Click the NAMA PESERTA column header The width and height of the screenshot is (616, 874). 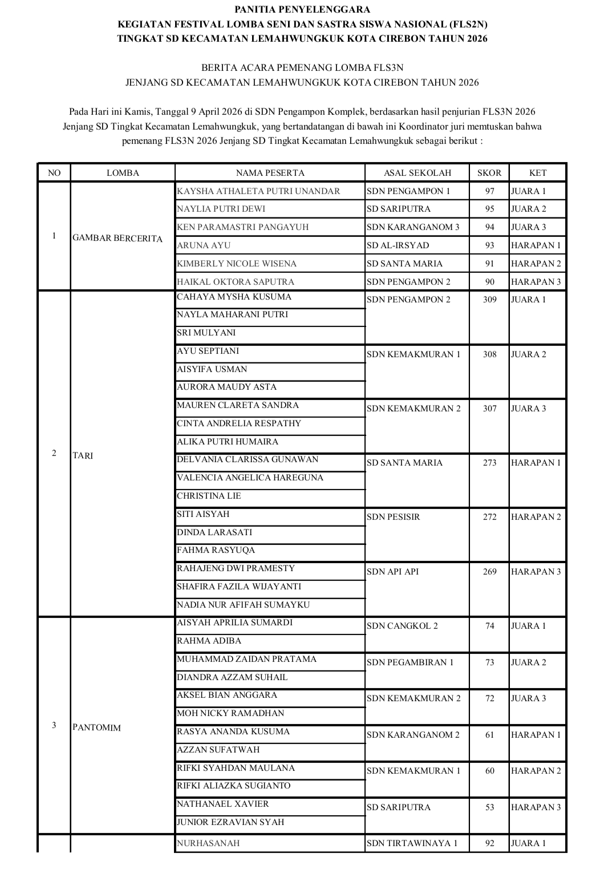[x=270, y=173]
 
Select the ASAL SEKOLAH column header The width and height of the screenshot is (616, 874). [x=417, y=173]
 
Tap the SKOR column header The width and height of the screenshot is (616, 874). [x=489, y=173]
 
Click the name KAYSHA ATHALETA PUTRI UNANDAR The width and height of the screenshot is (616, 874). [x=258, y=191]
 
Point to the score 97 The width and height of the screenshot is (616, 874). [x=489, y=191]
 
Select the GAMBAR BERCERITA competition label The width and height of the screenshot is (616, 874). [x=117, y=238]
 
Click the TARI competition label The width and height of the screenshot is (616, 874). [x=83, y=455]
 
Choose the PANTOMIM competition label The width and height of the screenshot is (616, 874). [x=96, y=727]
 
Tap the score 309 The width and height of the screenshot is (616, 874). [x=489, y=300]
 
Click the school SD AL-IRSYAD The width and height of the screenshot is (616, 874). [x=398, y=245]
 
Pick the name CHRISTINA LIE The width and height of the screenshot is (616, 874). [x=209, y=496]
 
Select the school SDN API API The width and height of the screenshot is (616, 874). [x=392, y=572]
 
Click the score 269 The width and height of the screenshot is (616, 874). [x=489, y=572]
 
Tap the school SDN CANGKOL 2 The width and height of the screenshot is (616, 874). [x=402, y=626]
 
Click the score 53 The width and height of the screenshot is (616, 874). [x=489, y=807]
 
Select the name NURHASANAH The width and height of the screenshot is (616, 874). [x=208, y=843]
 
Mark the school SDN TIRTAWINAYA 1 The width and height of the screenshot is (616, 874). [x=412, y=843]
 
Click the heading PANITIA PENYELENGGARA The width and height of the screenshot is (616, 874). [x=302, y=9]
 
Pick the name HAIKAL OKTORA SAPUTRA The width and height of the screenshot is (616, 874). [x=236, y=282]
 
